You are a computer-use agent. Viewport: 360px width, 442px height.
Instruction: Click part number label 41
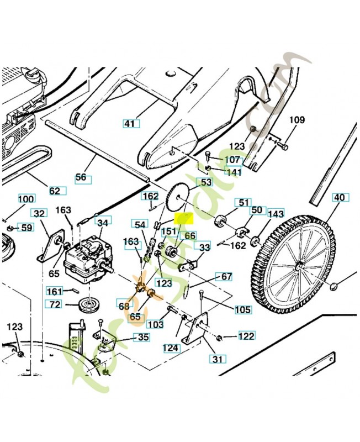pyautogui.click(x=129, y=124)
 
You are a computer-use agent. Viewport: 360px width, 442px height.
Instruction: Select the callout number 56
pyautogui.click(x=81, y=177)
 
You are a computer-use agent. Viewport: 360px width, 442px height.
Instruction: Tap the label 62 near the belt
pyautogui.click(x=55, y=191)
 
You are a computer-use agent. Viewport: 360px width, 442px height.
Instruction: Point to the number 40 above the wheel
pyautogui.click(x=339, y=197)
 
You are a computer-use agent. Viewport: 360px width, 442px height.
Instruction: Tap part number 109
pyautogui.click(x=297, y=120)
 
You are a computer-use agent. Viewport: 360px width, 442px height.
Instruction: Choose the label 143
pyautogui.click(x=276, y=214)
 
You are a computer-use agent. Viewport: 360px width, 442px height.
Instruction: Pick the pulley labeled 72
pyautogui.click(x=87, y=306)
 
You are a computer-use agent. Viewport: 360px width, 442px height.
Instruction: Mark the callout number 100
pyautogui.click(x=26, y=199)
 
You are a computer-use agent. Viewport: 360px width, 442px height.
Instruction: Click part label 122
pyautogui.click(x=246, y=335)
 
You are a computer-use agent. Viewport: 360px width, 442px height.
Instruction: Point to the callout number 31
pyautogui.click(x=217, y=359)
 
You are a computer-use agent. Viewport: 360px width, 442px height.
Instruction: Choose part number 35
pyautogui.click(x=142, y=337)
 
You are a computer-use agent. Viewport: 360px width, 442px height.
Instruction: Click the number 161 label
pyautogui.click(x=54, y=291)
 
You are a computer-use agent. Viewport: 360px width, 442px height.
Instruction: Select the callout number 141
pyautogui.click(x=234, y=172)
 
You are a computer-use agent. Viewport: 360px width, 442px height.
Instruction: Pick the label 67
pyautogui.click(x=226, y=276)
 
